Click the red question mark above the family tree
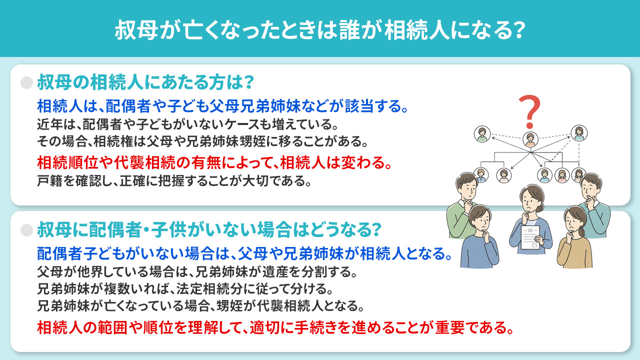(x=529, y=111)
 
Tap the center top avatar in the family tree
(x=529, y=139)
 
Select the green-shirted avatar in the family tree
(x=481, y=133)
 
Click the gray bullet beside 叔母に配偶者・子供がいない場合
(x=26, y=230)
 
